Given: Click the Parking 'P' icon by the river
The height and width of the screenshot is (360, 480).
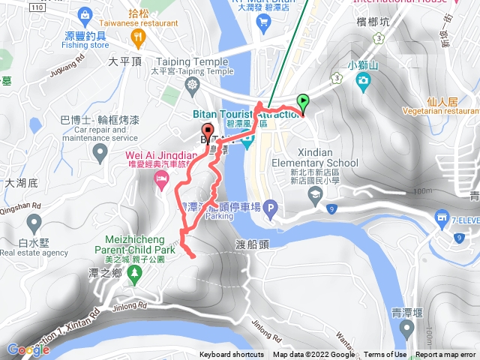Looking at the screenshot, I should click(x=270, y=206).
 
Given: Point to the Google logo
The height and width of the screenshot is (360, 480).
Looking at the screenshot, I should click(x=28, y=349).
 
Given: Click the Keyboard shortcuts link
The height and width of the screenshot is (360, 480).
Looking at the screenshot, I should click(x=232, y=355).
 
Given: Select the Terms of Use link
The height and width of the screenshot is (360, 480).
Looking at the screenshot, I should click(x=385, y=355).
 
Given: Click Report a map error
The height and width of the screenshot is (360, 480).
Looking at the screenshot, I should click(x=446, y=355).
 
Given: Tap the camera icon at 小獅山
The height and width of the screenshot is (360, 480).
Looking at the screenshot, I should click(x=364, y=79).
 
